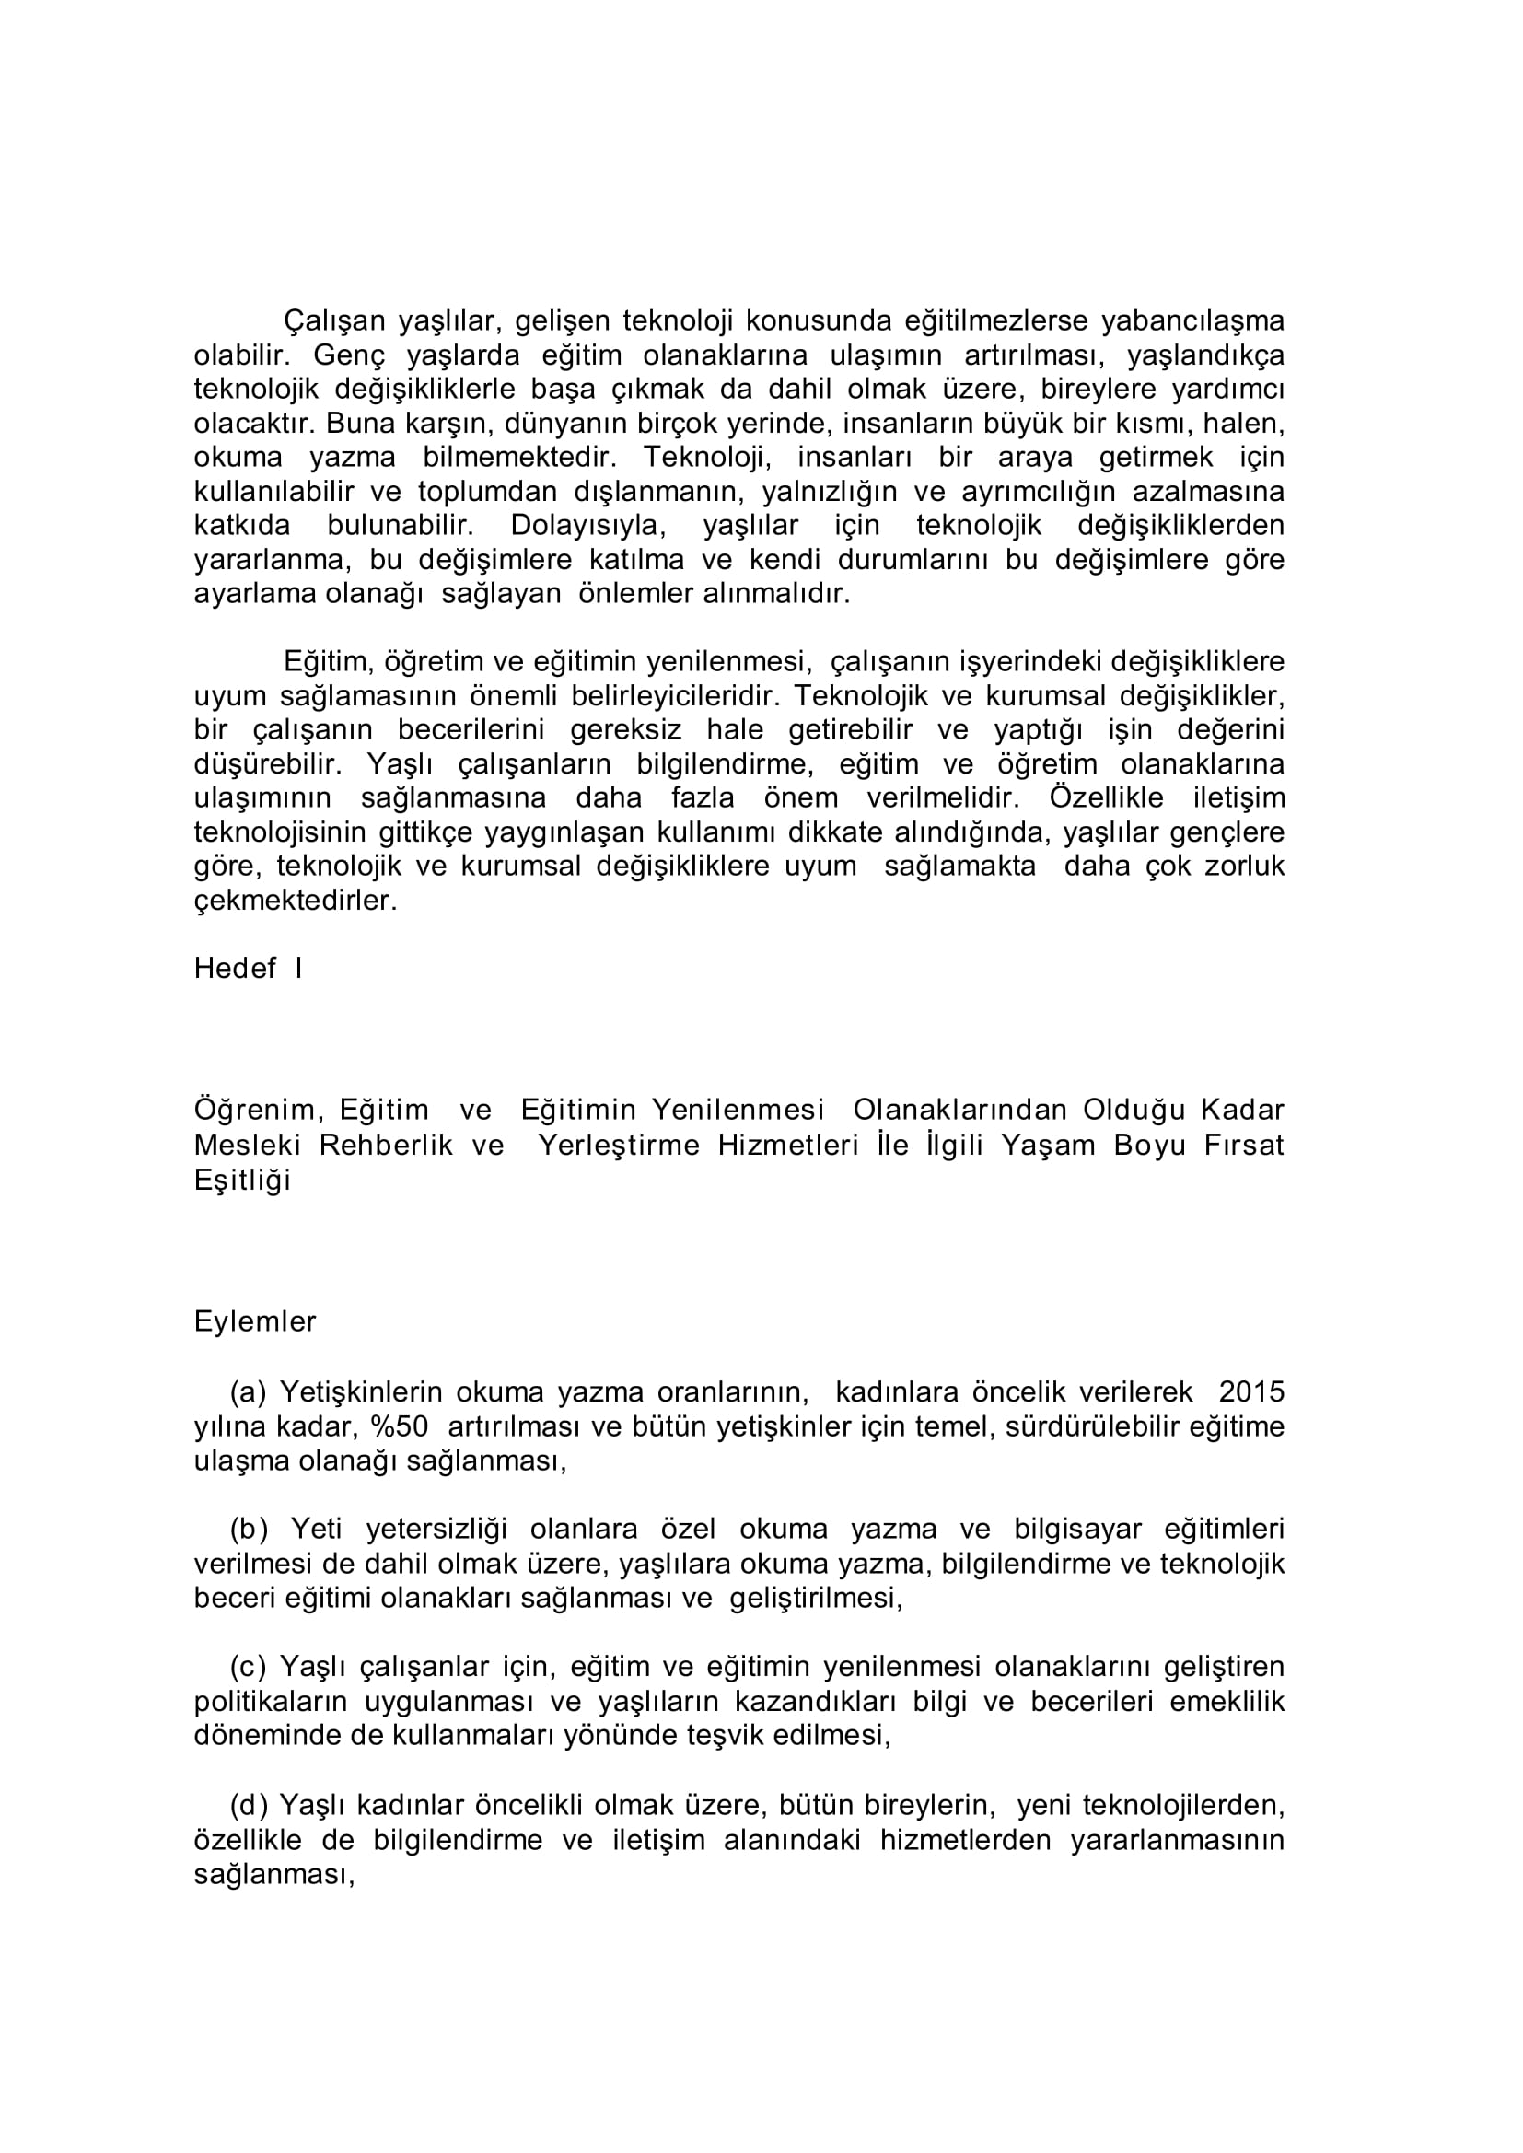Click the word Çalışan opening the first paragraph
click(335, 321)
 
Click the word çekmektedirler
click(296, 902)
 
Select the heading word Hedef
click(235, 969)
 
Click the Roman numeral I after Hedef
click(298, 969)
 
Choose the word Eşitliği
click(242, 1181)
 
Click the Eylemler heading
click(255, 1322)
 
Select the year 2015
click(1252, 1391)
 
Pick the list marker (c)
click(249, 1668)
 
